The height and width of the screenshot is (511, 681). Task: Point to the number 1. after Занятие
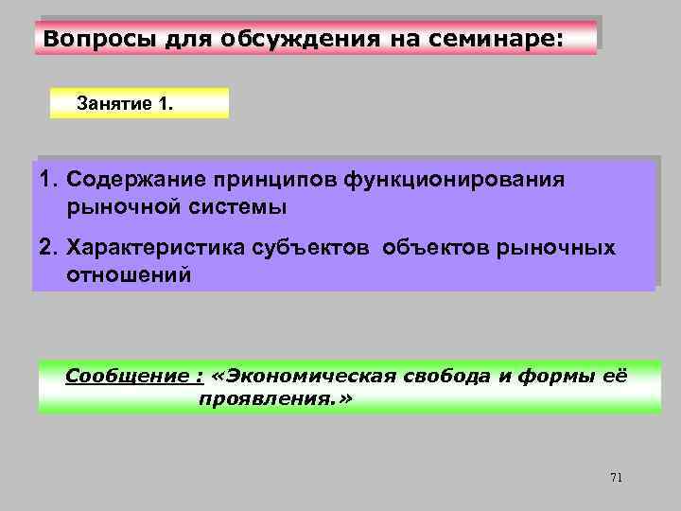click(165, 103)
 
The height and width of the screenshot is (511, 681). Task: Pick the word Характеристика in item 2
click(157, 249)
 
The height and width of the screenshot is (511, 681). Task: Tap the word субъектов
click(315, 249)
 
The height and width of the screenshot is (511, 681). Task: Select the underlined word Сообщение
click(131, 377)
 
